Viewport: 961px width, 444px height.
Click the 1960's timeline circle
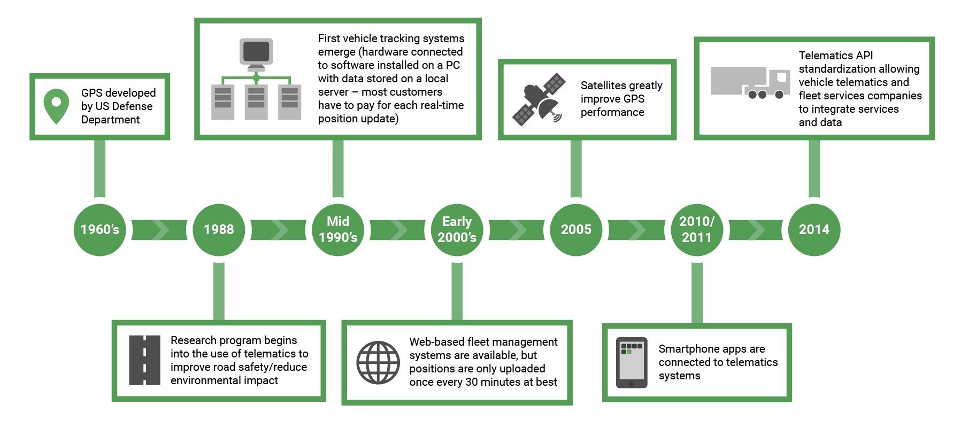[x=99, y=230]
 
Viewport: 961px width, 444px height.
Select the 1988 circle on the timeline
[x=219, y=230]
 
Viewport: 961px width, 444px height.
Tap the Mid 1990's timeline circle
[x=338, y=230]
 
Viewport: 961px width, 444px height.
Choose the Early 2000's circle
[x=457, y=230]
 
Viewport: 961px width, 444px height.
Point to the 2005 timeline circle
[x=576, y=230]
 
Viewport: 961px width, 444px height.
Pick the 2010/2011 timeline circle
[x=696, y=230]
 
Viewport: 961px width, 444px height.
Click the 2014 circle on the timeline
[x=814, y=230]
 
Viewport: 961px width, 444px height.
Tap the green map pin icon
[x=56, y=106]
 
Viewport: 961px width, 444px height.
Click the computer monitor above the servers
[x=256, y=54]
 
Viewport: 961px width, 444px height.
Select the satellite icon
[x=539, y=99]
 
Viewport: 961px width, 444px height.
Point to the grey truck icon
[x=750, y=83]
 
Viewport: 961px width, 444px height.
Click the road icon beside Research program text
[x=144, y=360]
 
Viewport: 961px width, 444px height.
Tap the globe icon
[x=378, y=362]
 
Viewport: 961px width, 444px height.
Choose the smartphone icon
[x=632, y=362]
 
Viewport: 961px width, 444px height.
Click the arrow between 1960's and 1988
[x=159, y=230]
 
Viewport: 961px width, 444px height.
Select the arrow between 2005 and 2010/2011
[x=636, y=230]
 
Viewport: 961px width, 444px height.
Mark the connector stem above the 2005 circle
[x=576, y=169]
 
